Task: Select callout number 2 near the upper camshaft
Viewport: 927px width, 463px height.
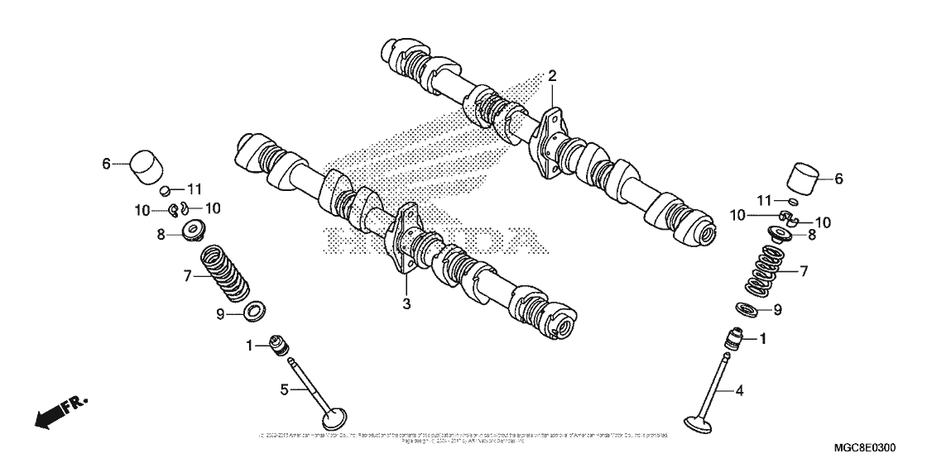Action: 551,76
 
